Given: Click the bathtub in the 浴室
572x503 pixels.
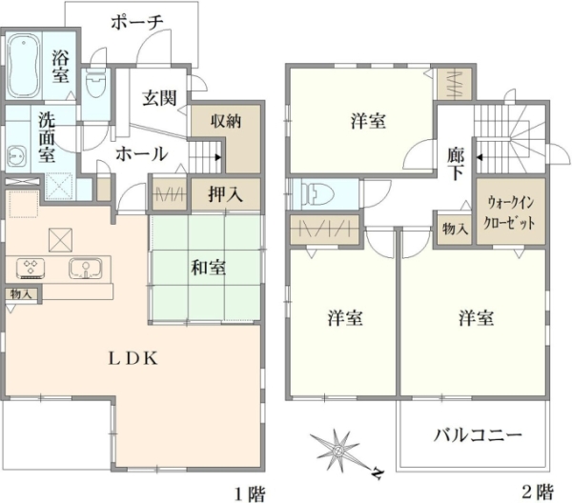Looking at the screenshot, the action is (x=23, y=66).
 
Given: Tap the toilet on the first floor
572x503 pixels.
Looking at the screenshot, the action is (x=95, y=84).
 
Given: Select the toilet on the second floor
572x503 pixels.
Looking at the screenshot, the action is (x=317, y=194).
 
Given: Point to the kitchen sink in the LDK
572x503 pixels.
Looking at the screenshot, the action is (x=86, y=269).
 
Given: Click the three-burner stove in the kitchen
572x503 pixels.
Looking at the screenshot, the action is (x=31, y=269).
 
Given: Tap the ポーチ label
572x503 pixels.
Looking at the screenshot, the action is (x=136, y=23).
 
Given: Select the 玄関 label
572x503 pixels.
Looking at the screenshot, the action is (x=159, y=98).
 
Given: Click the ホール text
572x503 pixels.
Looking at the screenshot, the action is (x=141, y=154).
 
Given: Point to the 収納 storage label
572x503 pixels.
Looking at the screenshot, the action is (x=226, y=121).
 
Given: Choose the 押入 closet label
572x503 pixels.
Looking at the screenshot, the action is (x=225, y=194).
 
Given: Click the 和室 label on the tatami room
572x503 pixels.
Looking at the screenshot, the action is (x=208, y=268).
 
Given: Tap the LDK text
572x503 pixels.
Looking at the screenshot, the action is (x=133, y=358).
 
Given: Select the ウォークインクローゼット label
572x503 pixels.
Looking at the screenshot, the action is (x=509, y=212).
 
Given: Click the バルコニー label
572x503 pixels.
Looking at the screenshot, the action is (x=478, y=435).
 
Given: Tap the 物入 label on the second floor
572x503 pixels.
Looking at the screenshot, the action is (x=455, y=230).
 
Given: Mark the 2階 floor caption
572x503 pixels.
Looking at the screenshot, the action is (x=538, y=493).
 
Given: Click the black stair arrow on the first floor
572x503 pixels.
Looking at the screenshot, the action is (x=217, y=157).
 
